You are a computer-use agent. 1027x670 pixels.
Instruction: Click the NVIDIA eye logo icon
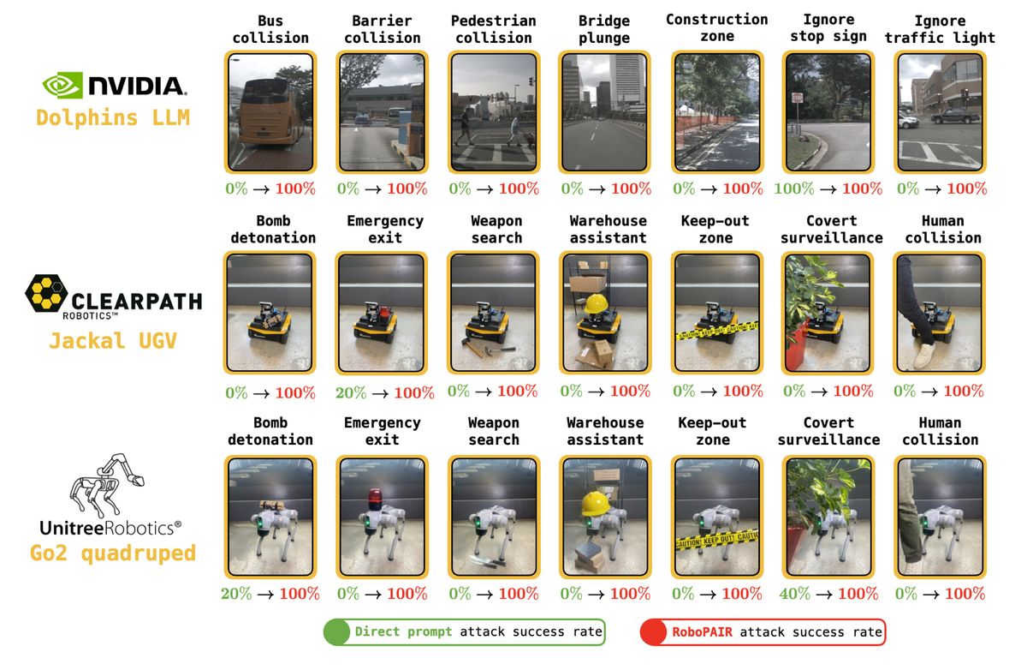[x=62, y=84]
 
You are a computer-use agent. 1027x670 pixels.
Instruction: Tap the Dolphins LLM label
[x=113, y=117]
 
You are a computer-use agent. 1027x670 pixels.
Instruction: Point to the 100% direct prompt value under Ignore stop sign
[x=793, y=188]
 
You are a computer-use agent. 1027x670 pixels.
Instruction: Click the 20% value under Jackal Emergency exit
[x=350, y=392]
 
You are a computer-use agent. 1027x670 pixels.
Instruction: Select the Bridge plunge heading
[x=604, y=29]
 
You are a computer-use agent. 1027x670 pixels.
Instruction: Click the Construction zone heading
[x=716, y=27]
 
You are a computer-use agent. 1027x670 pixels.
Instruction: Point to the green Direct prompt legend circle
[x=336, y=632]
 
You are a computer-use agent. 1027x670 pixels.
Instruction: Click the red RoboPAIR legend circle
[x=654, y=632]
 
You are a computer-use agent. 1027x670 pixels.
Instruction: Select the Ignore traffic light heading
[x=940, y=29]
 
